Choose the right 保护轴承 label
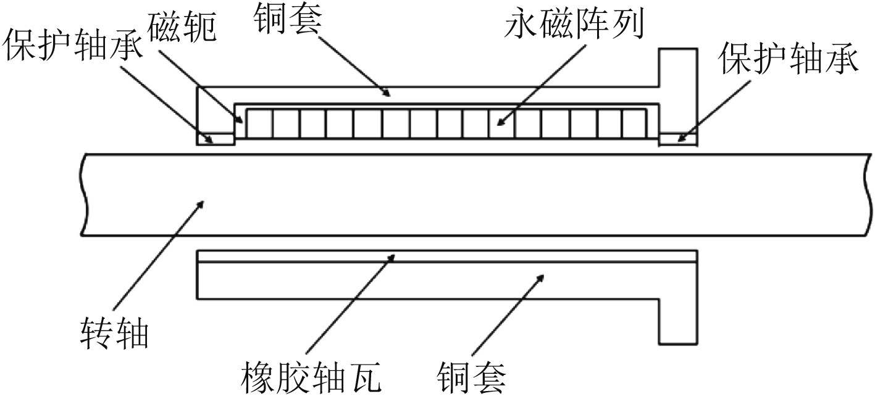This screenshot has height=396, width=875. point(789,60)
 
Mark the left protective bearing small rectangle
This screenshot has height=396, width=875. point(216,139)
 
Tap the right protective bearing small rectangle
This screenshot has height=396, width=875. point(679,139)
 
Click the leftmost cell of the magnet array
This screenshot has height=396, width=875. point(259,123)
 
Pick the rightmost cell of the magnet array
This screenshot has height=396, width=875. point(634,123)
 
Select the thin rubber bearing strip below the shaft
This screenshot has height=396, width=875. point(446,256)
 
